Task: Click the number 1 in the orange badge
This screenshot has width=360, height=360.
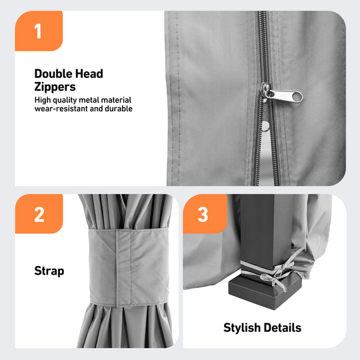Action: point(38,31)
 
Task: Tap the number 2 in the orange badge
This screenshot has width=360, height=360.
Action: point(39,215)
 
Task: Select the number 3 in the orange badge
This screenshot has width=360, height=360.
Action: point(203,215)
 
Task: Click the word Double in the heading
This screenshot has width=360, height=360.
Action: point(53,74)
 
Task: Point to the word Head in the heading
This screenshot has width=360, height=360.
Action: point(89,74)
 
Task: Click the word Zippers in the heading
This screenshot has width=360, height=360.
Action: point(55,87)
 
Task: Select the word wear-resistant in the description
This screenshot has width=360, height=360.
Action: point(61,109)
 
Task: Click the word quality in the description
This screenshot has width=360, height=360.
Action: point(65,100)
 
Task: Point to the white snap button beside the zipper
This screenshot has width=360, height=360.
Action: point(265,126)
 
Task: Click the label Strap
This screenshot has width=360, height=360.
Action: point(49,271)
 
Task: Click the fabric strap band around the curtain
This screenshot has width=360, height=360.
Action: point(129,267)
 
